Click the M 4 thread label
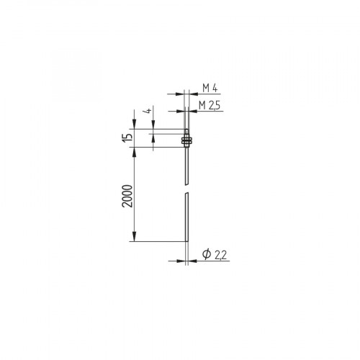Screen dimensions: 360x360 click(x=210, y=88)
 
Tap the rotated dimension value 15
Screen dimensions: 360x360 click(x=127, y=137)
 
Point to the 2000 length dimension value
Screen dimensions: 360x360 click(x=127, y=195)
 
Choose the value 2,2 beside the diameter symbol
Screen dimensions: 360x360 click(x=219, y=254)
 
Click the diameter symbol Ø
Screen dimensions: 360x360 click(x=206, y=254)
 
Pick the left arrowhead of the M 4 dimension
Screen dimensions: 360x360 click(x=180, y=93)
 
